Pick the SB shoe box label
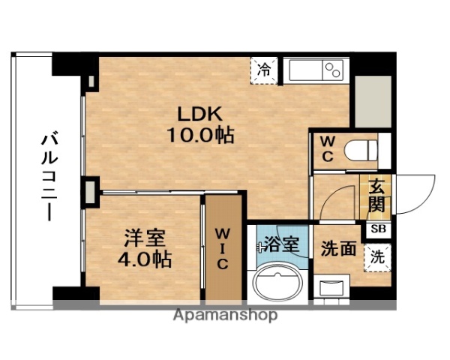pyautogui.click(x=376, y=230)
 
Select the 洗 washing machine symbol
pyautogui.click(x=377, y=256)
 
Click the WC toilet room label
pyautogui.click(x=328, y=148)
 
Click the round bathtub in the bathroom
pyautogui.click(x=279, y=283)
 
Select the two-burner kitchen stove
pyautogui.click(x=331, y=71)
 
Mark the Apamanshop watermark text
pyautogui.click(x=226, y=315)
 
